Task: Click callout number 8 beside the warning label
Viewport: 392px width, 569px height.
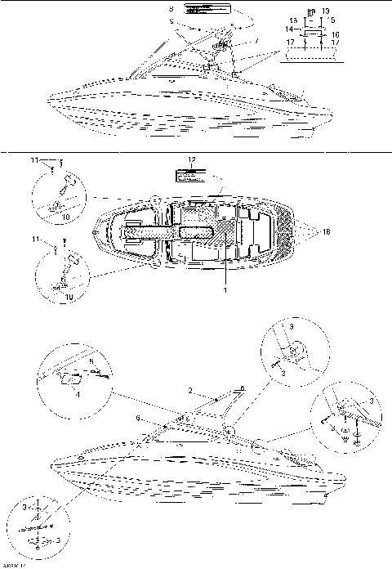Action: [x=171, y=7]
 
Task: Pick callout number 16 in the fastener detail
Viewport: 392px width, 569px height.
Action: [x=336, y=35]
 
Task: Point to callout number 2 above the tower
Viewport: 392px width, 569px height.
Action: [x=188, y=392]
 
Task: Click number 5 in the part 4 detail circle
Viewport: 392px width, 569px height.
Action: [x=91, y=360]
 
